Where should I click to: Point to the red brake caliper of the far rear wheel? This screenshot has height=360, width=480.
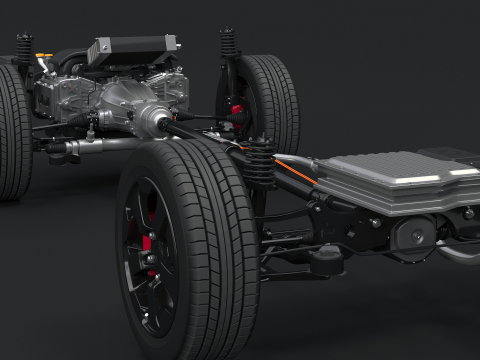point(237,110)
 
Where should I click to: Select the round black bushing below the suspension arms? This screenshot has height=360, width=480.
point(326,262)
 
